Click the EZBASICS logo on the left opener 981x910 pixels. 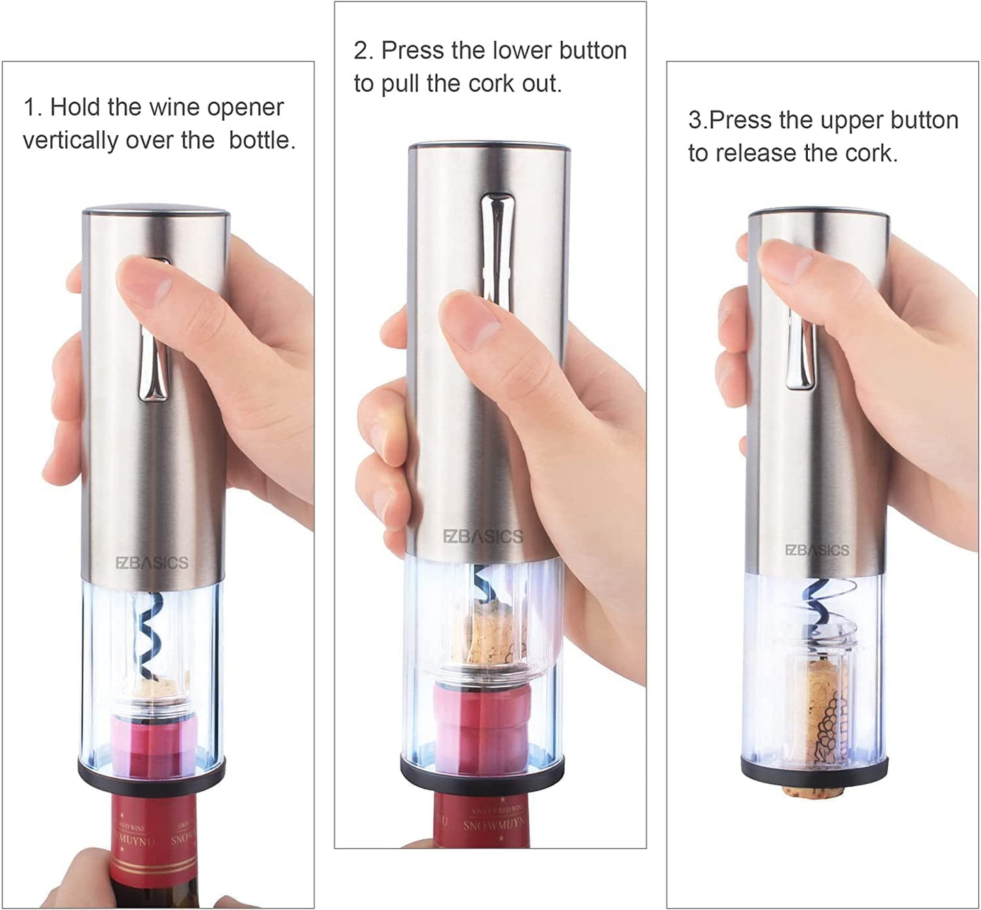coord(151,563)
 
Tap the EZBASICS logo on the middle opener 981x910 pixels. coord(483,537)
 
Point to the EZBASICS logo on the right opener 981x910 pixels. coord(817,550)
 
